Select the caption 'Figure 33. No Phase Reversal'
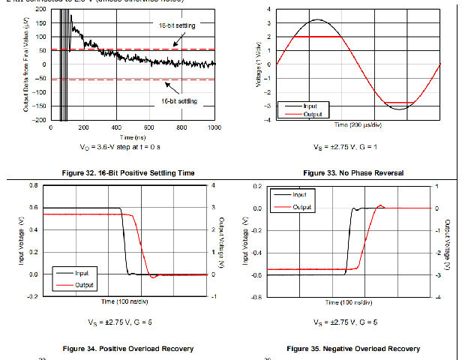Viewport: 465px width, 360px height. (x=355, y=173)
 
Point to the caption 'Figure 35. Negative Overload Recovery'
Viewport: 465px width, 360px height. (x=353, y=349)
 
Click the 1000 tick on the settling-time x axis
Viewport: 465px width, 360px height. (x=214, y=127)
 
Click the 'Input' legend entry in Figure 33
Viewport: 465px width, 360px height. (x=308, y=106)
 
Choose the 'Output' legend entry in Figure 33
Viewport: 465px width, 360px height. (x=310, y=114)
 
